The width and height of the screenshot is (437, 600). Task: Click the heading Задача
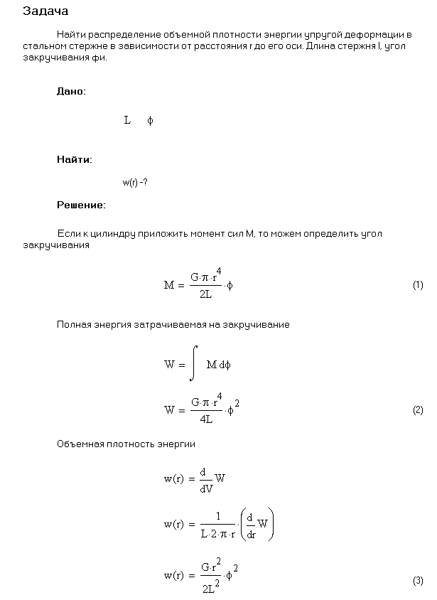tap(45, 11)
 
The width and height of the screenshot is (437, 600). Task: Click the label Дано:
tap(71, 92)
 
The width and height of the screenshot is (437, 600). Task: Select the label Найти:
tap(74, 160)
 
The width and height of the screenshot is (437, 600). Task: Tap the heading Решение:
tap(81, 205)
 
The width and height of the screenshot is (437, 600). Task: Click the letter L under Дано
tap(127, 121)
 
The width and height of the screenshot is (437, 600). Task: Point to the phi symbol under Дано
tap(150, 121)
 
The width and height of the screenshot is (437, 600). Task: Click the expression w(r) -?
tap(135, 182)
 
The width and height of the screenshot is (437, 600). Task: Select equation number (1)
tap(418, 285)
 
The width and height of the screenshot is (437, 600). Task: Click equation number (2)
tap(418, 410)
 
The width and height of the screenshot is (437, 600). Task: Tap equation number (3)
tap(418, 581)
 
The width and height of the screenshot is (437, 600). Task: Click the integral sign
tap(193, 365)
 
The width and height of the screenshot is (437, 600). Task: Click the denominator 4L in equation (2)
tap(205, 419)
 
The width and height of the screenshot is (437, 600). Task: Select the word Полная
tap(73, 325)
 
